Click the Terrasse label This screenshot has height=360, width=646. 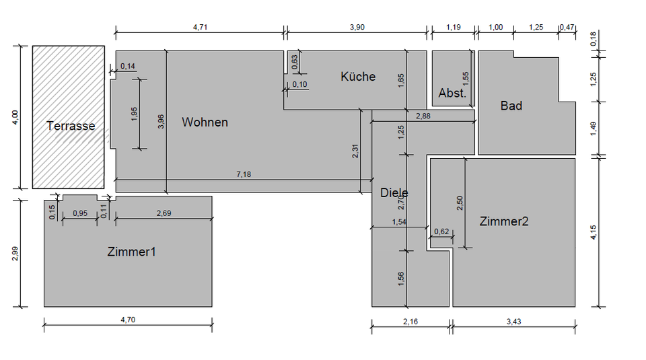click(x=71, y=126)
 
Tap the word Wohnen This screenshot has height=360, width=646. click(x=205, y=122)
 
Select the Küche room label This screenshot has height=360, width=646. click(x=358, y=77)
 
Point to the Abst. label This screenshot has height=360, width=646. click(x=452, y=94)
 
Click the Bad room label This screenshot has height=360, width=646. click(x=511, y=106)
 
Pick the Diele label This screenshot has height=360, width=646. click(x=394, y=192)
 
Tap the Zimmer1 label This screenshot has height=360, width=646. click(x=132, y=252)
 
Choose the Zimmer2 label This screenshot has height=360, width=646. click(x=504, y=221)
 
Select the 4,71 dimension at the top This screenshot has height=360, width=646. click(x=200, y=27)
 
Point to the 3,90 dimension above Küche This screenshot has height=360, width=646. click(x=357, y=27)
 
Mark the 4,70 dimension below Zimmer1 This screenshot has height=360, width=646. click(x=128, y=320)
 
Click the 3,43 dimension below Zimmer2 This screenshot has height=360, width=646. click(x=513, y=321)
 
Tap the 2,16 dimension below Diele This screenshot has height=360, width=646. click(x=410, y=321)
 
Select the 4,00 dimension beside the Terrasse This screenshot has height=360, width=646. click(x=15, y=118)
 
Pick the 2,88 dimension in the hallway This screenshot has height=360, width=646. click(x=423, y=117)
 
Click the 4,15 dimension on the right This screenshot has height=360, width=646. click(x=592, y=232)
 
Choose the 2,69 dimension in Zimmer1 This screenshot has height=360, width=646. click(x=164, y=214)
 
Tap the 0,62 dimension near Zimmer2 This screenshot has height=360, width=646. click(x=442, y=232)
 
